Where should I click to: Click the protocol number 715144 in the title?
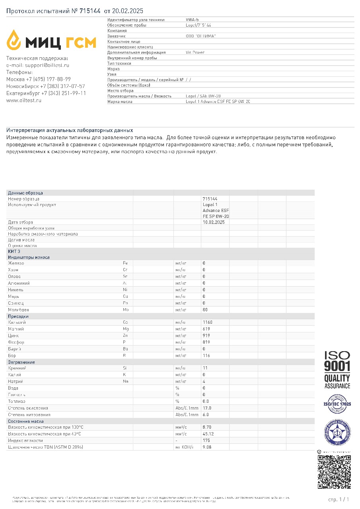[x=90, y=11]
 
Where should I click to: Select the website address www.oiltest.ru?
[x=24, y=101]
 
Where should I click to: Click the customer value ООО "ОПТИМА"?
[x=200, y=36]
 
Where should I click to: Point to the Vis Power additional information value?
[x=195, y=52]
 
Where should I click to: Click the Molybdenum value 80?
[x=205, y=309]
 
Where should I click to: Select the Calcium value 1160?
[x=208, y=322]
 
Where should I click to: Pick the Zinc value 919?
[x=206, y=336]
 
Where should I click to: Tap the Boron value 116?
[x=206, y=356]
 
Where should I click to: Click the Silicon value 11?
[x=205, y=368]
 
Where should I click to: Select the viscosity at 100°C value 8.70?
[x=207, y=427]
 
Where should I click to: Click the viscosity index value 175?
[x=206, y=441]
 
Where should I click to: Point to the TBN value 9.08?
[x=207, y=447]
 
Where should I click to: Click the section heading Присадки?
[x=18, y=316]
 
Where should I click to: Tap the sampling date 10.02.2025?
[x=214, y=222]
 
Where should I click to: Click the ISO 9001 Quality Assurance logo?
[x=337, y=370]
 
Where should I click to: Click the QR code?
[x=334, y=472]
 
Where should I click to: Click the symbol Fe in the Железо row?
[x=125, y=263]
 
